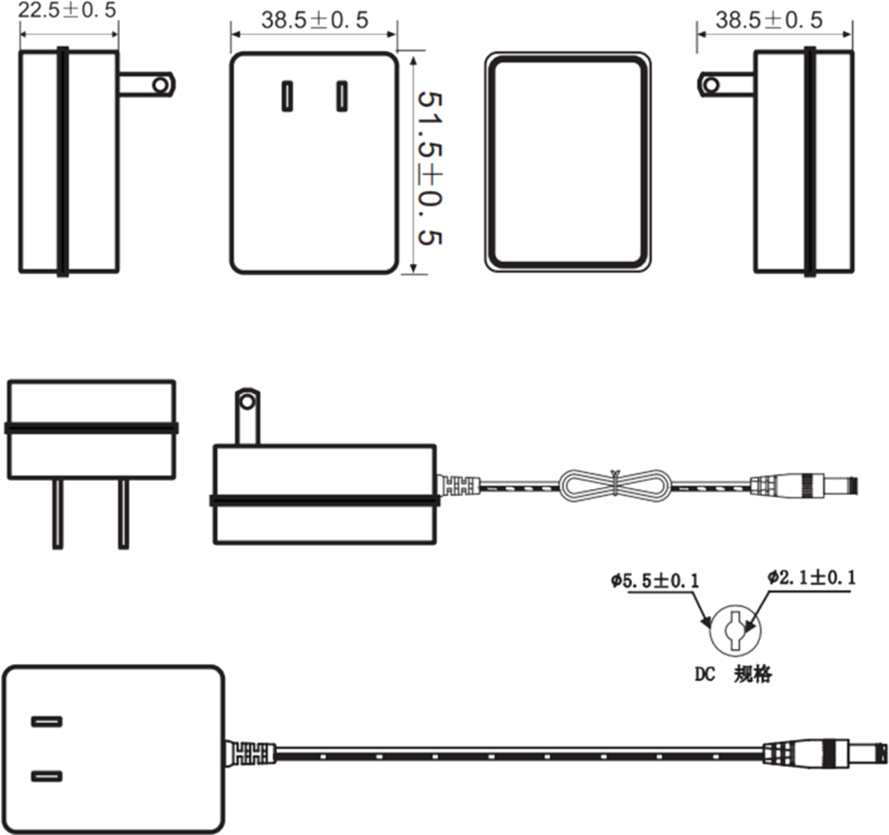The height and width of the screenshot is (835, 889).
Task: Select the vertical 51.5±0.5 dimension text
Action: point(430,166)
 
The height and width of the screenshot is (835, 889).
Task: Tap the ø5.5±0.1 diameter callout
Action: point(656,581)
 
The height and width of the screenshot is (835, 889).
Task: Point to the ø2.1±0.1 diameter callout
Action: point(811,577)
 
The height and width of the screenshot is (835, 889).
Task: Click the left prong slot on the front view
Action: point(286,97)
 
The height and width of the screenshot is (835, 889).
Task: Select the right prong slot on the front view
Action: point(342,97)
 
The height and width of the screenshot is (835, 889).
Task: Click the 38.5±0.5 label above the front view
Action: point(315,21)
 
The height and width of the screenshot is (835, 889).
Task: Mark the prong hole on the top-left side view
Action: point(161,84)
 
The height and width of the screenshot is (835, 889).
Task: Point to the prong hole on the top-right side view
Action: point(711,84)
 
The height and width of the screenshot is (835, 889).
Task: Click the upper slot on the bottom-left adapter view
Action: point(47,722)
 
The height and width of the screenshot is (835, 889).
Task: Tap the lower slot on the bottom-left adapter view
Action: point(47,776)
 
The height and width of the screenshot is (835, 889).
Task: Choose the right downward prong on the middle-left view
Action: point(124,515)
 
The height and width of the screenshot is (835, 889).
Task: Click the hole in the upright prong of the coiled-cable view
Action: point(246,401)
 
